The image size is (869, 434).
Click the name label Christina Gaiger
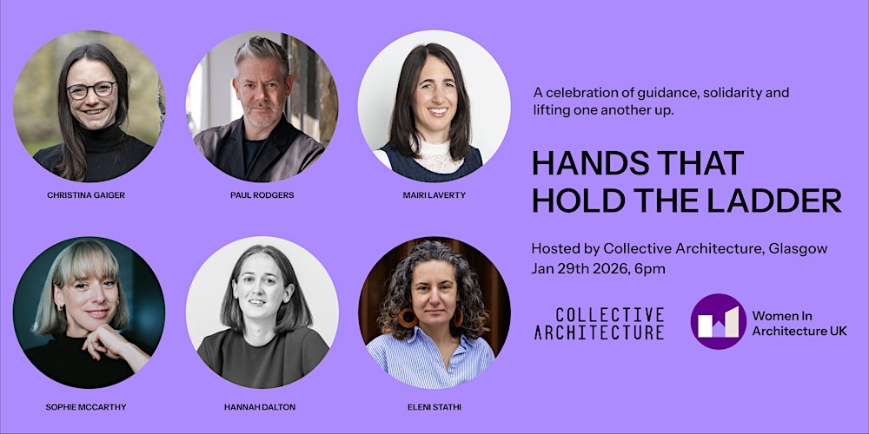[86, 195]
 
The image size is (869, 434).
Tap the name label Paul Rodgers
[262, 195]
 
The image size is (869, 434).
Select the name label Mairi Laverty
[435, 195]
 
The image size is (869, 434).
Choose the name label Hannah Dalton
[262, 406]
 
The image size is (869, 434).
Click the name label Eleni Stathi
[435, 406]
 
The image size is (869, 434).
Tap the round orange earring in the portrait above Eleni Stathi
[407, 318]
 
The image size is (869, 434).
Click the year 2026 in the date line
[613, 268]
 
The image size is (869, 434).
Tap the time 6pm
[651, 268]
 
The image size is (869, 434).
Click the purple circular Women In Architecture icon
[719, 321]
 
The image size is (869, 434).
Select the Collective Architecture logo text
[599, 323]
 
